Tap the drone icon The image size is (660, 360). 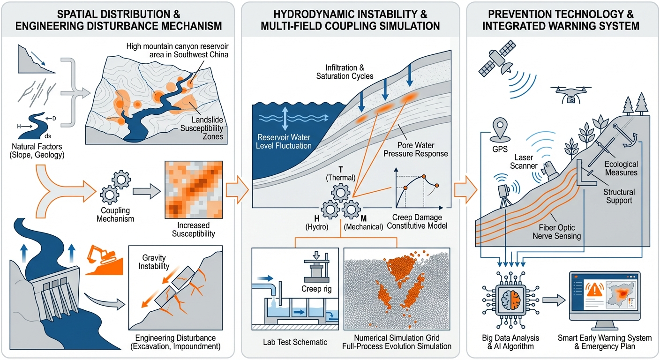tap(570, 93)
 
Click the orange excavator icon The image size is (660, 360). tap(102, 256)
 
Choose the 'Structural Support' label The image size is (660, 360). tap(619, 196)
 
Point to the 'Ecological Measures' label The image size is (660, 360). tap(621, 168)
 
